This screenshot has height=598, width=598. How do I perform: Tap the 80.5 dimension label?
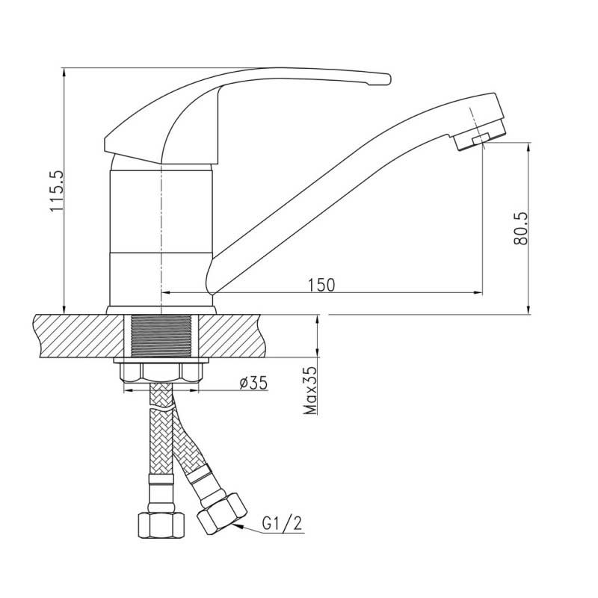coord(520,228)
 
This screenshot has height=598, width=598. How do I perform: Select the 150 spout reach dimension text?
coord(321,285)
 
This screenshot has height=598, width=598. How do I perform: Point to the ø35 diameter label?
coord(253,383)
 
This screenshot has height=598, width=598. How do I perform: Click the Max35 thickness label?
coord(309,390)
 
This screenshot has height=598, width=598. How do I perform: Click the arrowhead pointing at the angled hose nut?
coord(237,526)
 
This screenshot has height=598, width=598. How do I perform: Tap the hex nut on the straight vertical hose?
coord(161,525)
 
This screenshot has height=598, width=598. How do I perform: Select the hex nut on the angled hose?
coord(221,514)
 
